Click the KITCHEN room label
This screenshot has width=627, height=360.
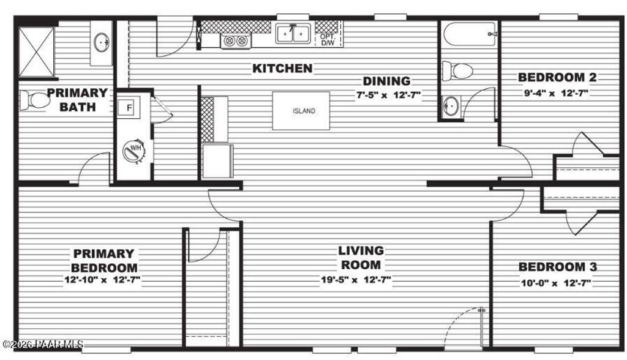pyautogui.click(x=282, y=68)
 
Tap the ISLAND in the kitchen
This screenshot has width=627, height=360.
pyautogui.click(x=301, y=111)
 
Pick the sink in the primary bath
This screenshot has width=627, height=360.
pyautogui.click(x=102, y=42)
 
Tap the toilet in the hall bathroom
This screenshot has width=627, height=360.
pyautogui.click(x=459, y=70)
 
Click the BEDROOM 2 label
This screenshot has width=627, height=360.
pyautogui.click(x=557, y=78)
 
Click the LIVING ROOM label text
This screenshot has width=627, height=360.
pyautogui.click(x=361, y=258)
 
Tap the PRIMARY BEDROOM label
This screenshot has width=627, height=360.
pyautogui.click(x=104, y=261)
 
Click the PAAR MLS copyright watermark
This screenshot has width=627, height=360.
pyautogui.click(x=43, y=345)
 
